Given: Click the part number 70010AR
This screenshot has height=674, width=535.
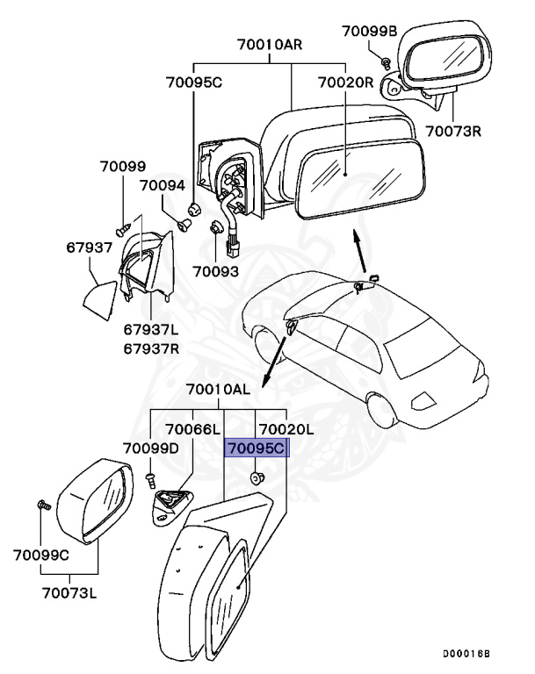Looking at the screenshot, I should point(268,45).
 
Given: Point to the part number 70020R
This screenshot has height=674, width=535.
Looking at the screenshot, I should point(345,83).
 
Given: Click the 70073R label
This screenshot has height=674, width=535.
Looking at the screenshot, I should point(454,132).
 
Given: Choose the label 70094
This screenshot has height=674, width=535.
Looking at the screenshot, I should point(163,186).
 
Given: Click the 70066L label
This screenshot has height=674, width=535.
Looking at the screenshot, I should point(192,429).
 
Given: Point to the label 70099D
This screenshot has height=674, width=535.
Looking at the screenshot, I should point(150,449).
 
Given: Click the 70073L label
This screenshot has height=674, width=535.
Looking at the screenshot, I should point(67,593).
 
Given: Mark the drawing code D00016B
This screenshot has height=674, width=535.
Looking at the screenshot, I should point(466,655).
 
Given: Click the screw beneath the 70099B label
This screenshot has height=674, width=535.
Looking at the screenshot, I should point(386,60).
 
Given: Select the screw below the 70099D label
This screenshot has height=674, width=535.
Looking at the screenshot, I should point(150,478).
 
